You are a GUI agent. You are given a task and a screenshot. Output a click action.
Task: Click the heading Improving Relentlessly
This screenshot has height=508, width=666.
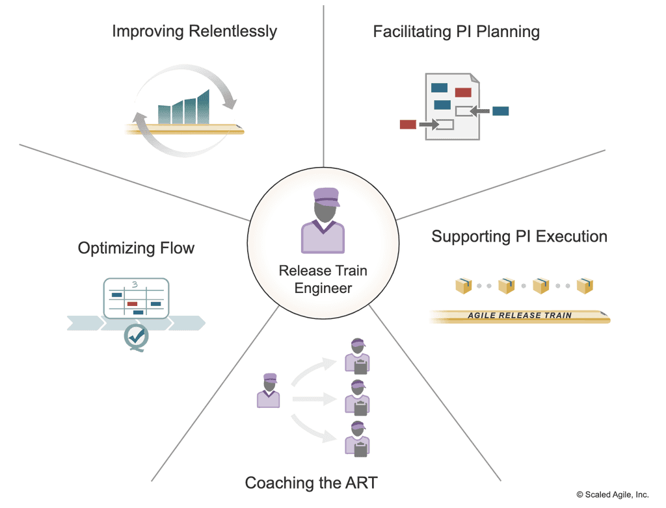(x=194, y=31)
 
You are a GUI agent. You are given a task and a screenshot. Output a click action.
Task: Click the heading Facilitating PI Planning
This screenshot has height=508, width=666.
(x=456, y=31)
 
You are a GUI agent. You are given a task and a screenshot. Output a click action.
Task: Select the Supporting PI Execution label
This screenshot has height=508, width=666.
(x=519, y=236)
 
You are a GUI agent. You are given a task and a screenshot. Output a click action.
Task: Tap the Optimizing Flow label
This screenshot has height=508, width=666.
(x=136, y=248)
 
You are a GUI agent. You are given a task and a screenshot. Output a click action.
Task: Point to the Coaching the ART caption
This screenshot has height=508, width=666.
(x=311, y=483)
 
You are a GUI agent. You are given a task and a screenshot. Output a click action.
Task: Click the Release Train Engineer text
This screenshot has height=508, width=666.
(x=323, y=279)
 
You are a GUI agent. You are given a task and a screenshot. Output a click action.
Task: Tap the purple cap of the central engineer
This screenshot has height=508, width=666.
(x=325, y=196)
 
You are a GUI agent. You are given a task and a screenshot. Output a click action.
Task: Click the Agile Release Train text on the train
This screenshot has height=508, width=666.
(x=520, y=316)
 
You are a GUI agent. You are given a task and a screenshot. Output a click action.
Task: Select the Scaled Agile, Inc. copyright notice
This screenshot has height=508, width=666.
(x=612, y=494)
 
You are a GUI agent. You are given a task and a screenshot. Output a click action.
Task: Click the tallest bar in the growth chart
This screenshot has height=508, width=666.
(x=204, y=107)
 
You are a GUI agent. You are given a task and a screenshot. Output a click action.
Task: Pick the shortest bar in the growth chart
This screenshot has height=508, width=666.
(x=165, y=114)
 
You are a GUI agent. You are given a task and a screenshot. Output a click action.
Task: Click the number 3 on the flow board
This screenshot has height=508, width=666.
(x=135, y=284)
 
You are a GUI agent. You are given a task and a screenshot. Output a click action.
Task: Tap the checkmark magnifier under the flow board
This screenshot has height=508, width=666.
(x=137, y=337)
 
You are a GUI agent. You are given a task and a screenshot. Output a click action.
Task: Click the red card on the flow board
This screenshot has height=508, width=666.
(x=132, y=303)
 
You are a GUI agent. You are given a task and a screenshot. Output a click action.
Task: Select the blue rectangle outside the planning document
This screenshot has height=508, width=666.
(x=500, y=111)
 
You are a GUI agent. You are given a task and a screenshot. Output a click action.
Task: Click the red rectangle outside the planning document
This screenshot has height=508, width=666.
(x=408, y=124)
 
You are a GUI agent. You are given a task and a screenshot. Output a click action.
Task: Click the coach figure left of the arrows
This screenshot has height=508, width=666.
(x=268, y=390)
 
